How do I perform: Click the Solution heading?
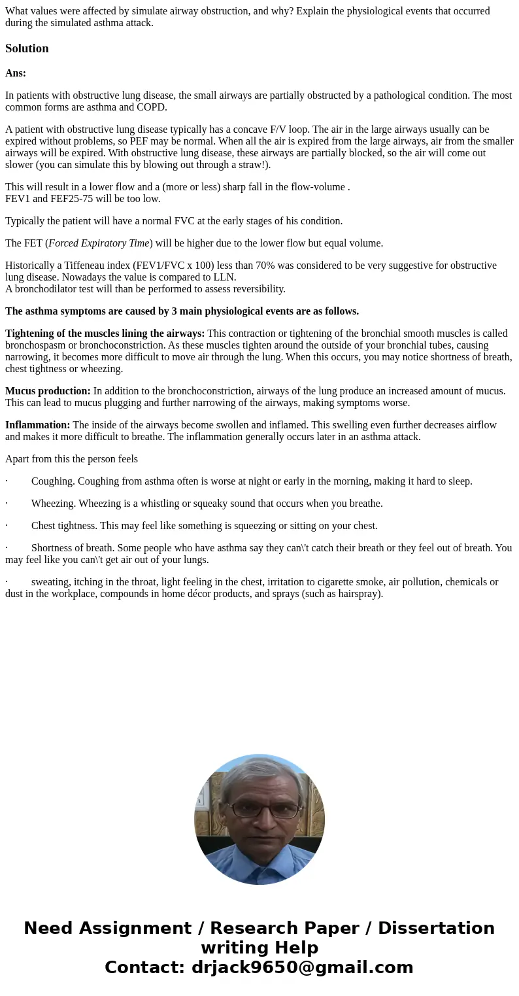(x=27, y=48)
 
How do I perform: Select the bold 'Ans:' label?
(x=16, y=73)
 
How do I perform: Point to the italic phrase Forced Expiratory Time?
(x=99, y=243)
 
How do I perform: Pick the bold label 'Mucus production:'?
(x=48, y=391)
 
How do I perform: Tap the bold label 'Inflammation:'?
(x=37, y=425)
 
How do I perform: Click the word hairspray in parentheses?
(x=356, y=594)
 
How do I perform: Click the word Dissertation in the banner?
(x=436, y=929)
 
